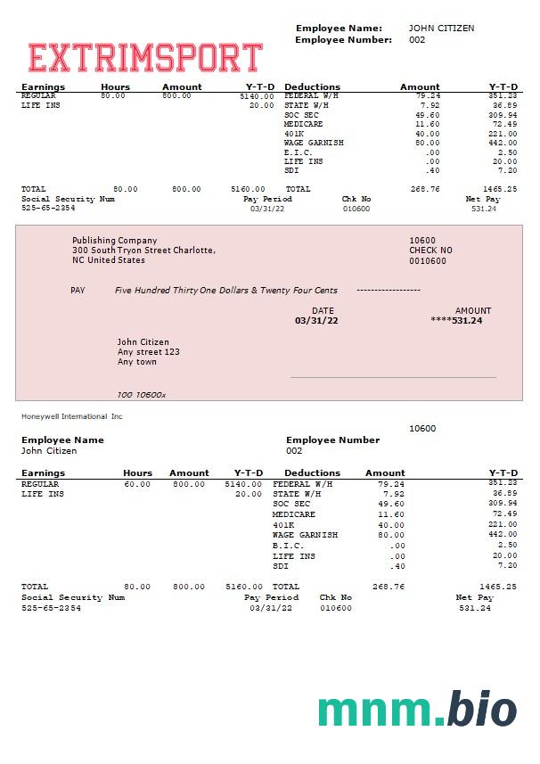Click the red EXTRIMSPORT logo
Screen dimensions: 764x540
(145, 58)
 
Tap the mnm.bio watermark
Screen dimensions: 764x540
(417, 711)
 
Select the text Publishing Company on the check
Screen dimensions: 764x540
(114, 241)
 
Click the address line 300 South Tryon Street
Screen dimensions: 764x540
(143, 251)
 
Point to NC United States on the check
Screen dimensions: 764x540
(108, 260)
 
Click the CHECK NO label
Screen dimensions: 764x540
(430, 251)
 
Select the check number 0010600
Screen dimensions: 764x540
(428, 260)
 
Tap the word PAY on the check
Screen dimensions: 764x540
(78, 291)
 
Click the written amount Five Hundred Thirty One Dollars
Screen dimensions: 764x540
(226, 291)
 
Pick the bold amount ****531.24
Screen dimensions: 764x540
(456, 320)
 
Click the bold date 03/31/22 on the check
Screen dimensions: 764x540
(316, 320)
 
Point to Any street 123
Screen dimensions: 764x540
(149, 352)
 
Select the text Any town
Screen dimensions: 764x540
(136, 362)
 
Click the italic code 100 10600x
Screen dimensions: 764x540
(142, 394)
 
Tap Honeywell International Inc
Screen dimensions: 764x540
(72, 416)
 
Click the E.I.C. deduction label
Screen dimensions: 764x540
(298, 152)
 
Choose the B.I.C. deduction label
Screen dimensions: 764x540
(288, 546)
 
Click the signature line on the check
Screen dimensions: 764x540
(393, 378)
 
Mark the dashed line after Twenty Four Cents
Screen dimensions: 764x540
(388, 291)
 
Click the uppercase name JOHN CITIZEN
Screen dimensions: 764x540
(441, 29)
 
